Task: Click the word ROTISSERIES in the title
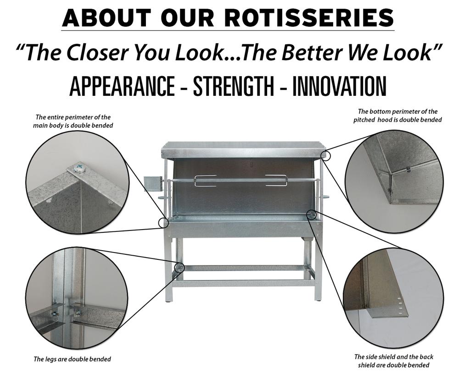point(309,18)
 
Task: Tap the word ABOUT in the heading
point(106,18)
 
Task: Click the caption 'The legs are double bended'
point(72,359)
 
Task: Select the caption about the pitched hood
point(397,115)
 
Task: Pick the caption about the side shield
point(393,361)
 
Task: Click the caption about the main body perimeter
point(73,121)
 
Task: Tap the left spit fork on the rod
point(206,181)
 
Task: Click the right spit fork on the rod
point(276,181)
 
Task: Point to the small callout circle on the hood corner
point(326,155)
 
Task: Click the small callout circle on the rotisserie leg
point(179,267)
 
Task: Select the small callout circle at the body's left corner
point(163,223)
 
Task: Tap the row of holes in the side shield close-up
point(400,306)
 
